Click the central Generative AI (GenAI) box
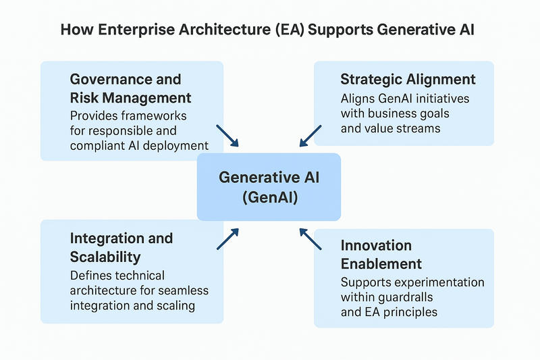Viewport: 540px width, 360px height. tap(269, 186)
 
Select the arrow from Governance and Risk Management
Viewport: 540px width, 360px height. tap(227, 135)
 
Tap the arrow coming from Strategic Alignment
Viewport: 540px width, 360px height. tap(310, 134)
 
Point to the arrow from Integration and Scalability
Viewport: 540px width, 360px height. tap(228, 238)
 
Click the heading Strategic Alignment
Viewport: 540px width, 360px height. tap(408, 79)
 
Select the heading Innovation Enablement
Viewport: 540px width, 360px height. tap(381, 254)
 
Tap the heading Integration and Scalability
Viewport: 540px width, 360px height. tap(122, 247)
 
